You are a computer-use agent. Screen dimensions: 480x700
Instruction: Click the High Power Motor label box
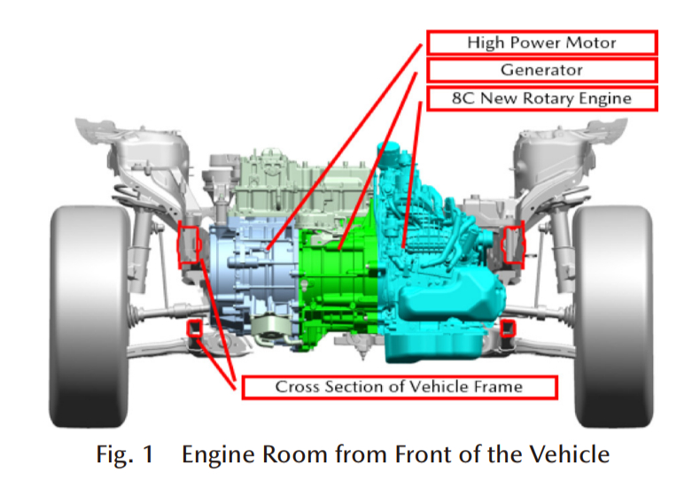[541, 43]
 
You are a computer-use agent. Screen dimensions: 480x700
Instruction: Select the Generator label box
[541, 70]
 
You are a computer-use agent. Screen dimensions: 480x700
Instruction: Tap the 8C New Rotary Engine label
[541, 97]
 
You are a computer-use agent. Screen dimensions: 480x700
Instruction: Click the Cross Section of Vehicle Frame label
[398, 387]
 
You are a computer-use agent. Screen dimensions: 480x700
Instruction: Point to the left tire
[89, 310]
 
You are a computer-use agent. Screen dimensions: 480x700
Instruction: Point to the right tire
[611, 310]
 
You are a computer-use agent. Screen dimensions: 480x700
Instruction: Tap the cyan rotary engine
[434, 266]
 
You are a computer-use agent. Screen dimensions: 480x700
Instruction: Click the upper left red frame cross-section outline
[189, 245]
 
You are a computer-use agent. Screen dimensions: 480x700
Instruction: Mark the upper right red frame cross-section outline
[513, 245]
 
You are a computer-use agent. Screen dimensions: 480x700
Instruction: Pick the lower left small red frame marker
[191, 330]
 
